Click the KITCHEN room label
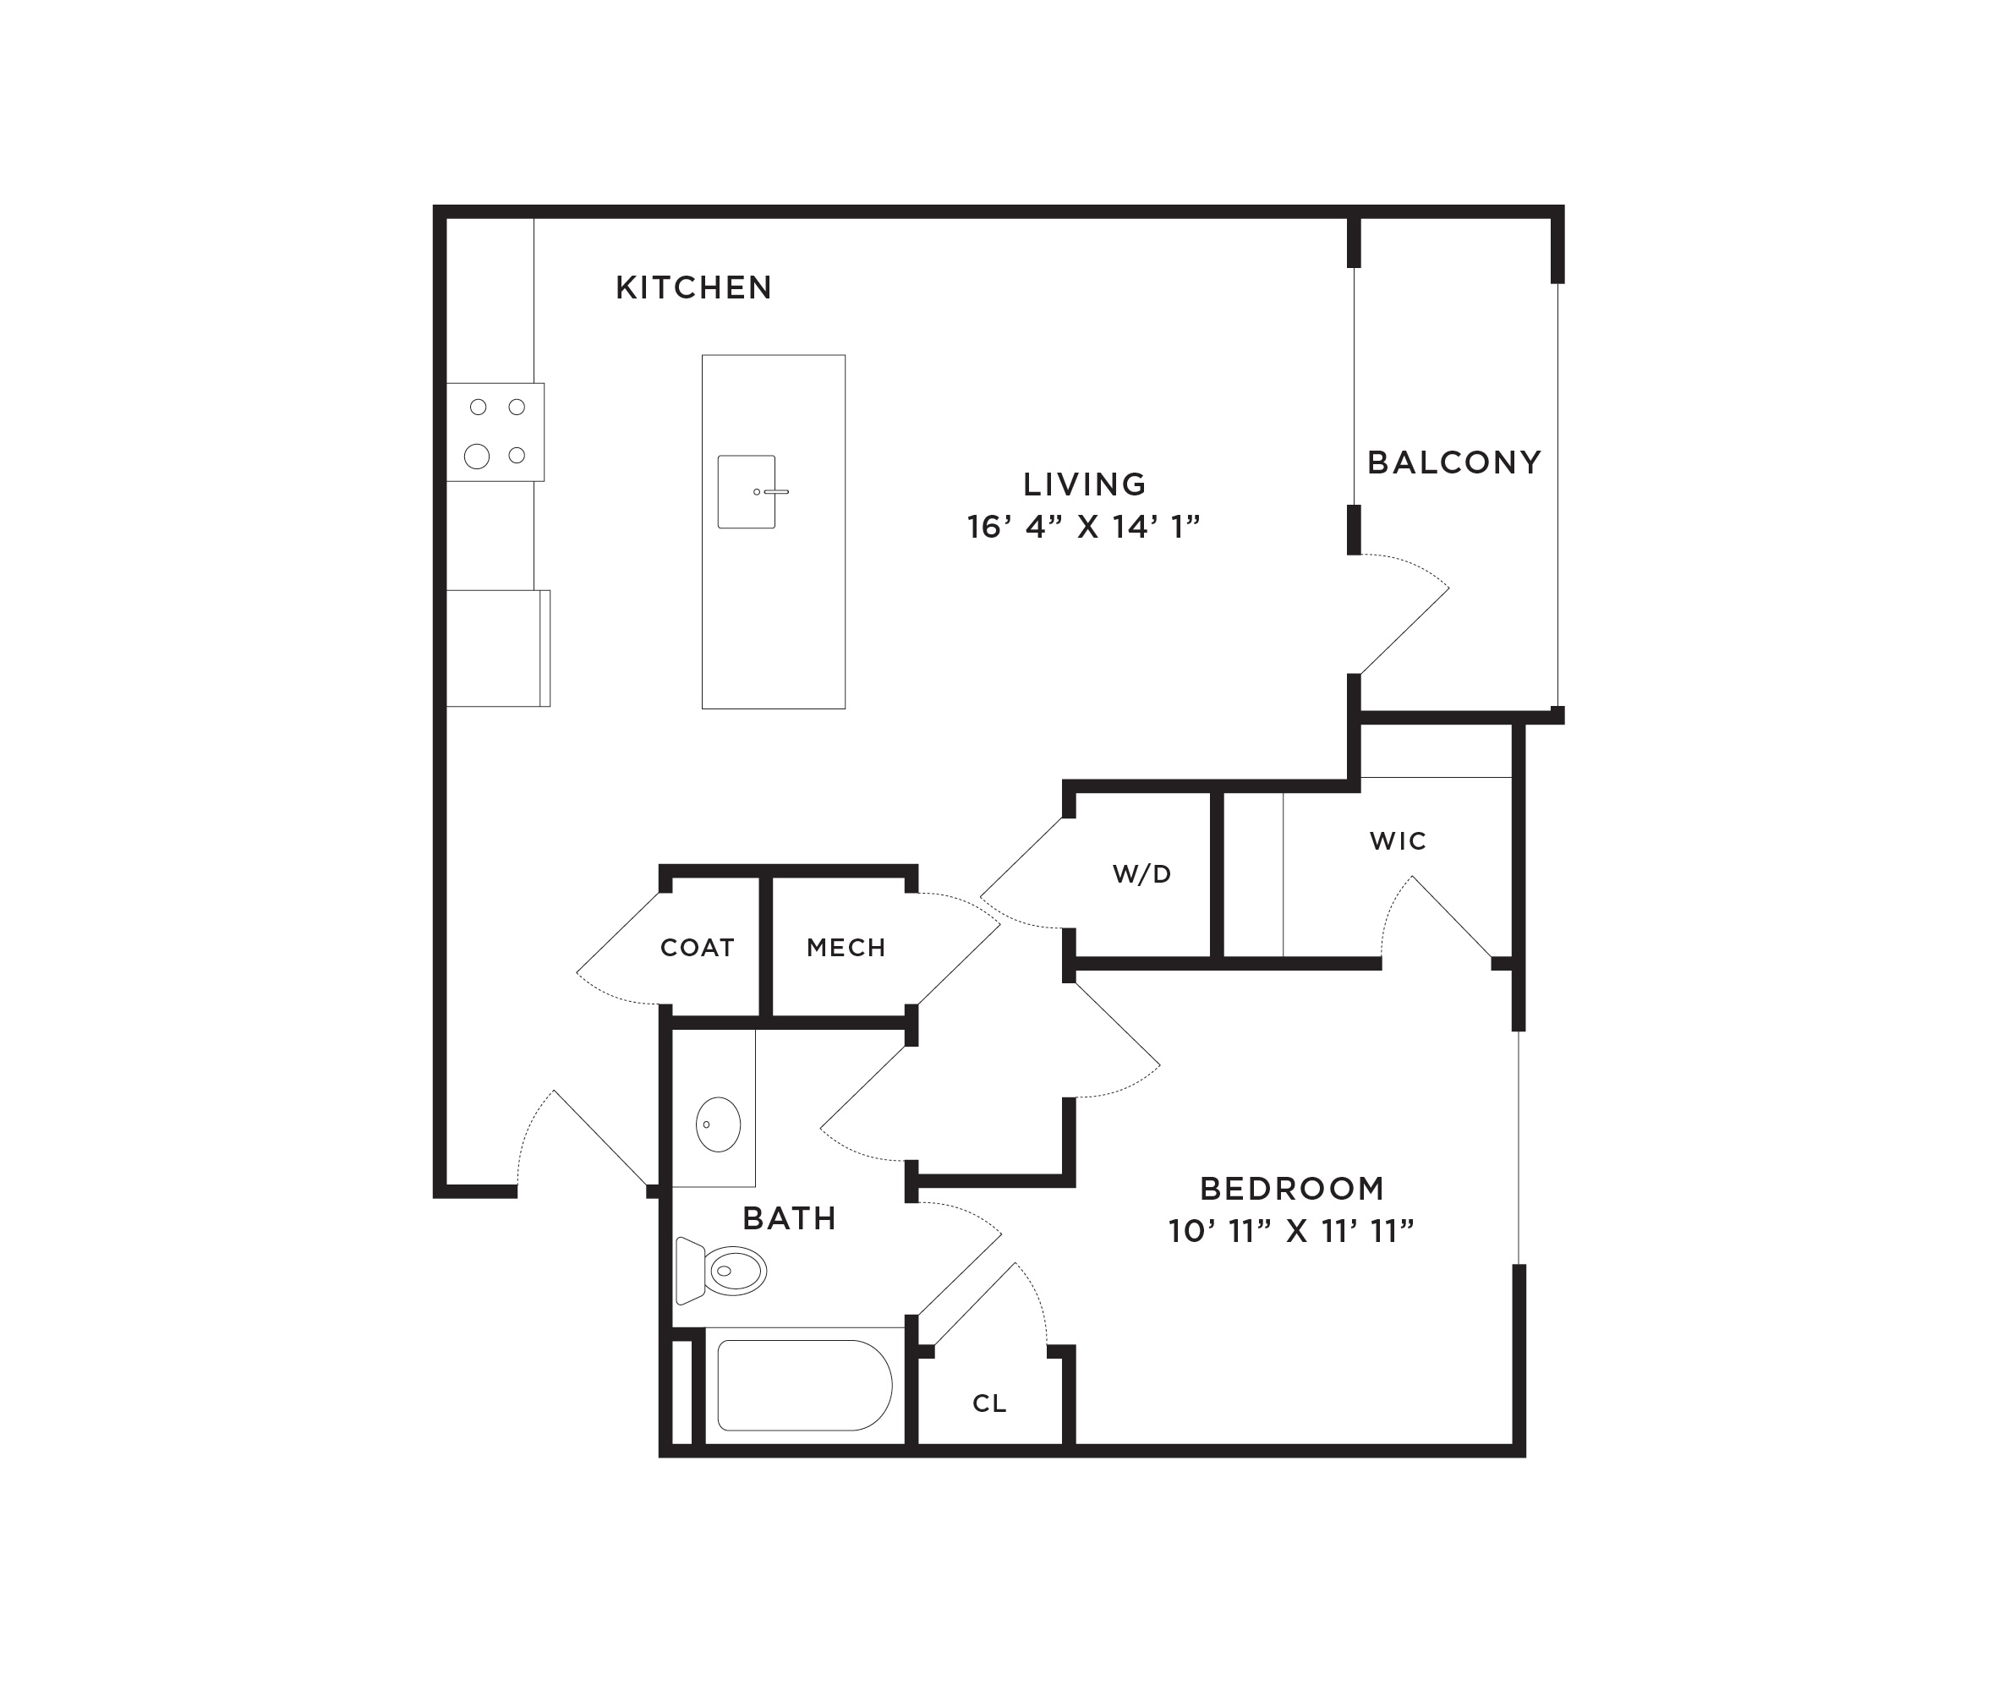coord(693,287)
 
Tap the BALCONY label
coord(1453,462)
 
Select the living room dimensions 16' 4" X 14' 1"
coord(1085,527)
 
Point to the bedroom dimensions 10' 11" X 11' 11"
coord(1291,1231)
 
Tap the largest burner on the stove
coord(477,456)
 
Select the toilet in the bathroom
coord(721,1270)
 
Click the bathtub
coord(805,1386)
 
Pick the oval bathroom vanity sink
coord(718,1124)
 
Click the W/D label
coord(1142,874)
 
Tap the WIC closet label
coord(1398,841)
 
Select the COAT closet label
coord(697,948)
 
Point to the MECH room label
coord(846,948)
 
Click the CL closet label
coord(989,1403)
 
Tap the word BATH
coord(790,1219)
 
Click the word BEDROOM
coord(1292,1190)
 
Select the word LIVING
coord(1085,484)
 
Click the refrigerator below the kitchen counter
coord(498,648)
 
